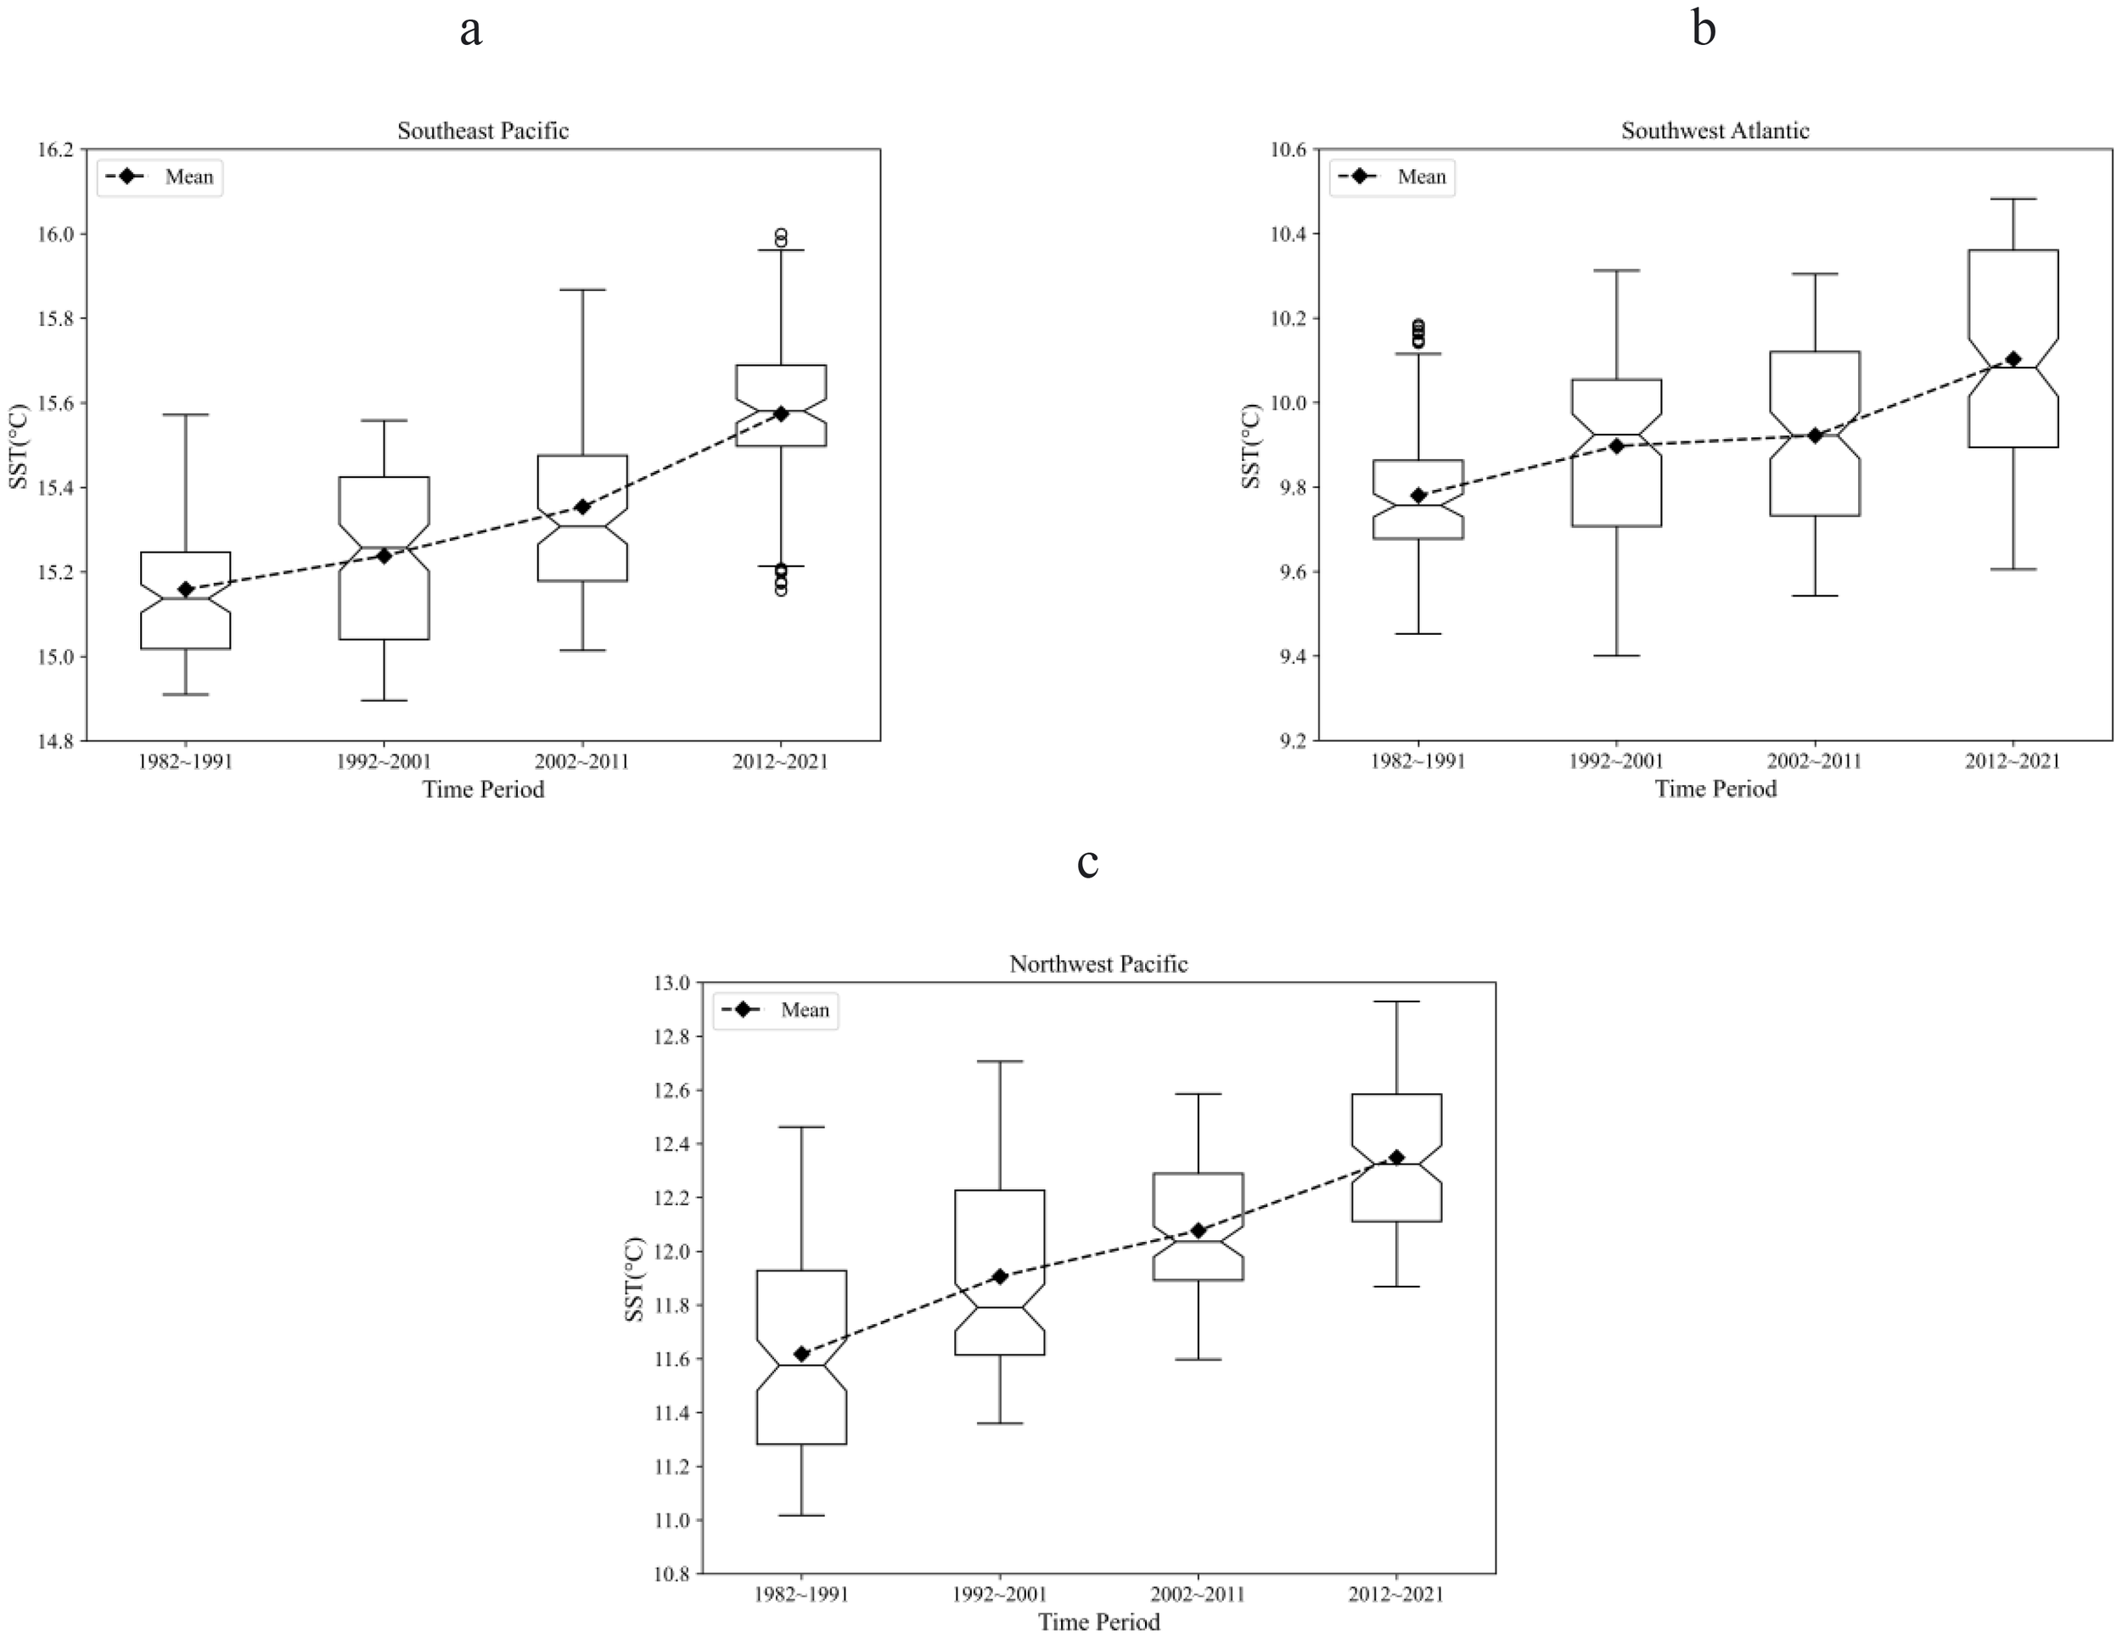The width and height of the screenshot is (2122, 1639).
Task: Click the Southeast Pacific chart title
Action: [483, 130]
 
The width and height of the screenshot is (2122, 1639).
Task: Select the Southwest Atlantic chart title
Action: [1715, 130]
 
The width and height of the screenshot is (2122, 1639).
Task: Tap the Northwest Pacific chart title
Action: [1097, 963]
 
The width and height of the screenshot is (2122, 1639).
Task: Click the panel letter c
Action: [1088, 862]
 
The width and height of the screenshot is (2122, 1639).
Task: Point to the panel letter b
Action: [1704, 29]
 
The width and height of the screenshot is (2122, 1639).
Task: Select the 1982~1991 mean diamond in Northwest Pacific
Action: [801, 1353]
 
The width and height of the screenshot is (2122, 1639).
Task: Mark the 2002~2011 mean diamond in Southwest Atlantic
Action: [1814, 435]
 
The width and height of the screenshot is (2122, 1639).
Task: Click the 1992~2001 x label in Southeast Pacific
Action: [384, 761]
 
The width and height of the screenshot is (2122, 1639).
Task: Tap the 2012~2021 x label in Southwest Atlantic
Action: [2013, 761]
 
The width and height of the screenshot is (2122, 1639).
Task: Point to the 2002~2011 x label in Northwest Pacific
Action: [1198, 1594]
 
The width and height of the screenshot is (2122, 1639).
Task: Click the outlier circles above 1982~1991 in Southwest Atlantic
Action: [1418, 334]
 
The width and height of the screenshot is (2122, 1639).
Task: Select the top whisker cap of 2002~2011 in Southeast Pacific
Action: [583, 289]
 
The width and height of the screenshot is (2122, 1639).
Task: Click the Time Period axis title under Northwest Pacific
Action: [1097, 1621]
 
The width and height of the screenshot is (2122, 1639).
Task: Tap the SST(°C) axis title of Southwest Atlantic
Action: [1253, 445]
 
